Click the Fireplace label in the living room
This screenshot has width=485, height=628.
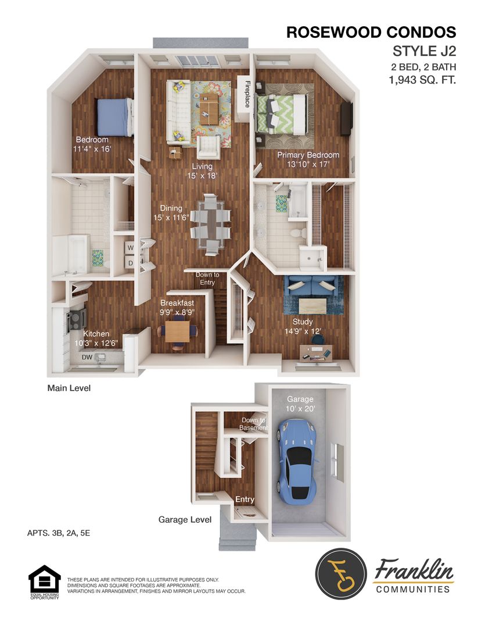pyautogui.click(x=247, y=94)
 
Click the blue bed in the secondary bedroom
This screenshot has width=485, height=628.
pyautogui.click(x=114, y=117)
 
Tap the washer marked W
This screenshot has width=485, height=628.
pyautogui.click(x=130, y=248)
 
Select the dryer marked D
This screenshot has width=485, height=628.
pyautogui.click(x=130, y=263)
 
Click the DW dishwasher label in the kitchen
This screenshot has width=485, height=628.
pyautogui.click(x=87, y=357)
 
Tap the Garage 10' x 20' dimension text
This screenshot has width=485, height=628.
pyautogui.click(x=300, y=404)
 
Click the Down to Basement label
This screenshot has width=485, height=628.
pyautogui.click(x=254, y=424)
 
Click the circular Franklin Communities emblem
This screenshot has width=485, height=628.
pyautogui.click(x=341, y=573)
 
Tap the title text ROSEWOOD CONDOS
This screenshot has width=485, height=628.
pyautogui.click(x=371, y=33)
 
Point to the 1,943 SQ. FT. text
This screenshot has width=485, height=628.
pyautogui.click(x=422, y=80)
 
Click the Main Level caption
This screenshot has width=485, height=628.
pyautogui.click(x=69, y=387)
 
